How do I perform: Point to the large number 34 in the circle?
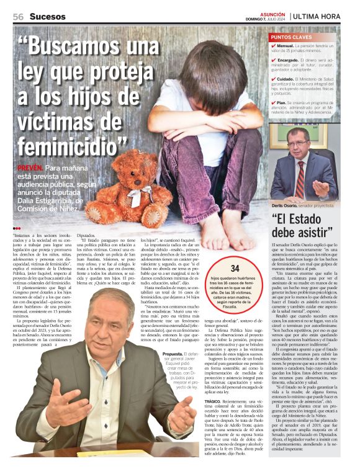coord(235,269)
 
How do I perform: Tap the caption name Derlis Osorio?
coord(286,205)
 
